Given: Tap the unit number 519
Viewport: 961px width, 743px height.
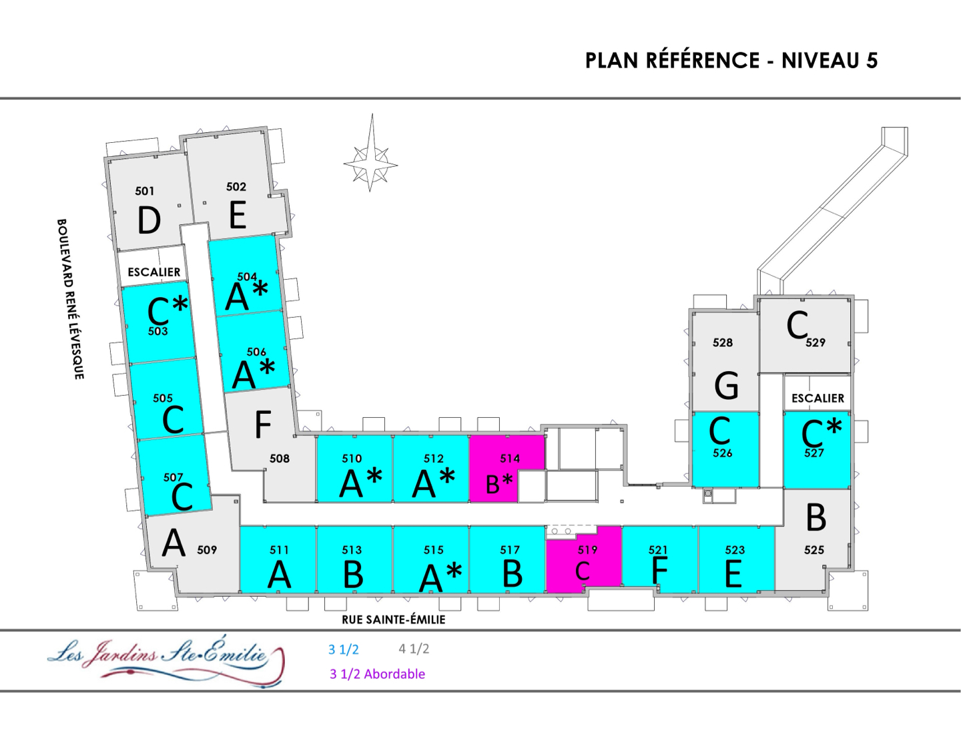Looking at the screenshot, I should point(587,550).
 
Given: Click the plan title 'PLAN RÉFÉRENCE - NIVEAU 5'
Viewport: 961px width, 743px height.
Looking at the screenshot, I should point(731,61).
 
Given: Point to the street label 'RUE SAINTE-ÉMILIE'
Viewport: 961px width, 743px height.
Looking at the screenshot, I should point(393,620).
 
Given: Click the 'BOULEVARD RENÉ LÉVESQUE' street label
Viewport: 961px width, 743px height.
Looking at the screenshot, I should point(70,298).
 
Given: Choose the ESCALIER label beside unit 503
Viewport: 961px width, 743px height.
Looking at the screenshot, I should point(154,272).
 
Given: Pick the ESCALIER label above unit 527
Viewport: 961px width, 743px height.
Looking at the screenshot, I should point(818,398).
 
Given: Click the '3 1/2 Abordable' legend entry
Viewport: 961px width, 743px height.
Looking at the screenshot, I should point(377,674).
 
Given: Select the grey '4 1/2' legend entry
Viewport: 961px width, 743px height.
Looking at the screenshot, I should point(414,649).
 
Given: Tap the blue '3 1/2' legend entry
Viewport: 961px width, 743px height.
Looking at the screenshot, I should point(343,650).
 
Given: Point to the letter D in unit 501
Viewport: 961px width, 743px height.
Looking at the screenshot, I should point(149,220).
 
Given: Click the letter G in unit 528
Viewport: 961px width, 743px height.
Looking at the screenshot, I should point(726,385).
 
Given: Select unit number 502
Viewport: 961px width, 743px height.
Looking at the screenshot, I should point(236,187).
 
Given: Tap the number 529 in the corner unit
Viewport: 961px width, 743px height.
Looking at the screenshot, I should point(816,342).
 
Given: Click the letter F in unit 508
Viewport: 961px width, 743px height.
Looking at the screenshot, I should point(263,424).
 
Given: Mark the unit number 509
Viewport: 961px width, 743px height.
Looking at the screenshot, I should point(207,550).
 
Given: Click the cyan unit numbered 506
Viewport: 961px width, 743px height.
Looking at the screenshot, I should point(254,350).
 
